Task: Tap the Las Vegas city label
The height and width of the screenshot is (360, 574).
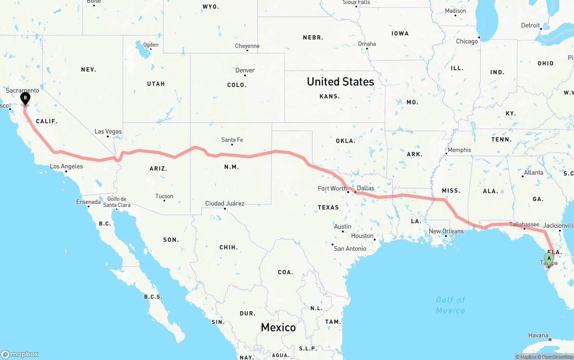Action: (x=108, y=131)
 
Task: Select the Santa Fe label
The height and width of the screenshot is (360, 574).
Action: (x=232, y=140)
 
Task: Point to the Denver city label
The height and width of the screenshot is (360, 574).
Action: (x=245, y=70)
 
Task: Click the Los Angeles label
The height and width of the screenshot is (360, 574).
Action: (x=66, y=166)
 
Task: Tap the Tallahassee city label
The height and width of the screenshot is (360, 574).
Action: (x=524, y=224)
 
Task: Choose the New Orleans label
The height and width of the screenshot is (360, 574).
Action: (x=446, y=231)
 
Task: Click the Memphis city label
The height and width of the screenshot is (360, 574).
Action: (x=459, y=150)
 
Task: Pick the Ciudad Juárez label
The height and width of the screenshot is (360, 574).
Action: (x=225, y=203)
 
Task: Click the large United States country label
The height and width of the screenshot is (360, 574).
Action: (x=340, y=82)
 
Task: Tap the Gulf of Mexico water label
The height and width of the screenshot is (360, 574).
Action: (x=450, y=305)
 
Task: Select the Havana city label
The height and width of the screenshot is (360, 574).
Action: (x=538, y=335)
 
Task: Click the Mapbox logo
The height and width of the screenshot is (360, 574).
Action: (x=20, y=354)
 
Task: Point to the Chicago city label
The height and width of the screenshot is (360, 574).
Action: (x=467, y=41)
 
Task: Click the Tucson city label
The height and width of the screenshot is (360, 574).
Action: (x=164, y=196)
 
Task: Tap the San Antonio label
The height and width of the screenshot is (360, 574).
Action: (x=350, y=248)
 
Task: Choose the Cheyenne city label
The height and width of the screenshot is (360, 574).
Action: (x=247, y=46)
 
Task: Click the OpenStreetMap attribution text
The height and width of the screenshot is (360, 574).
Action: (x=557, y=357)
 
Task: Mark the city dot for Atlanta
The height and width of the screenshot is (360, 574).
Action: (x=522, y=176)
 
